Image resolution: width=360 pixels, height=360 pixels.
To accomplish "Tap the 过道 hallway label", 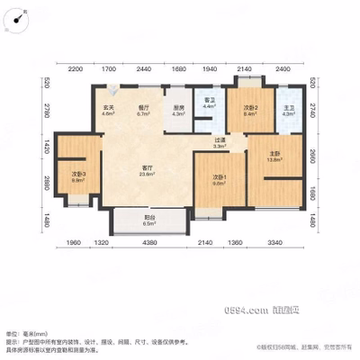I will (219, 142).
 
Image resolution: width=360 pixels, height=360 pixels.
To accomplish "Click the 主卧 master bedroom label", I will (274, 155).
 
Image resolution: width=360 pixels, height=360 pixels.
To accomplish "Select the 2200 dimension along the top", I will (76, 68).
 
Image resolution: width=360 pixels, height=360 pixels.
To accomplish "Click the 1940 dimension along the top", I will (210, 68).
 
